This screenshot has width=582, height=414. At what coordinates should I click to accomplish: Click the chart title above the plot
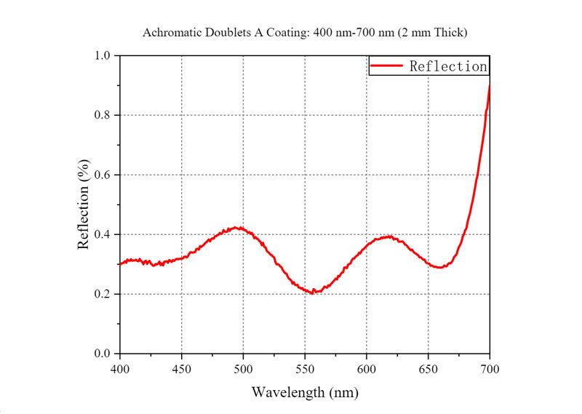tap(304, 32)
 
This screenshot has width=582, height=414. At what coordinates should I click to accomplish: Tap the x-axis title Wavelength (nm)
tap(305, 392)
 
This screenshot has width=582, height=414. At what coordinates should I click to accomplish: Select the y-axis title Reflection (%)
tap(84, 204)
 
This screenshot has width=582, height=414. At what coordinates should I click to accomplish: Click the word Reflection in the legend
tap(447, 66)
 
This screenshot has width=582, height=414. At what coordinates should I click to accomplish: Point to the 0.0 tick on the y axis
tap(102, 354)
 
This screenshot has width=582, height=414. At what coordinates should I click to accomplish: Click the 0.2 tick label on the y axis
tap(102, 294)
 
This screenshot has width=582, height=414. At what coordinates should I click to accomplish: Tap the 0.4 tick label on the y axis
tap(102, 234)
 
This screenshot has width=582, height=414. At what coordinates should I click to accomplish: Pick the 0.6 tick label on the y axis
tap(102, 175)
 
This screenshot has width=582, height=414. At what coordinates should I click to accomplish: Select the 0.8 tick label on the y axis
tap(102, 115)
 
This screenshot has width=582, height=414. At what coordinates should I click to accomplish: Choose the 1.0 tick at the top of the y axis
tap(102, 56)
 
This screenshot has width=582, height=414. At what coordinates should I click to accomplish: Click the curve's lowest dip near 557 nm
tap(313, 292)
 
